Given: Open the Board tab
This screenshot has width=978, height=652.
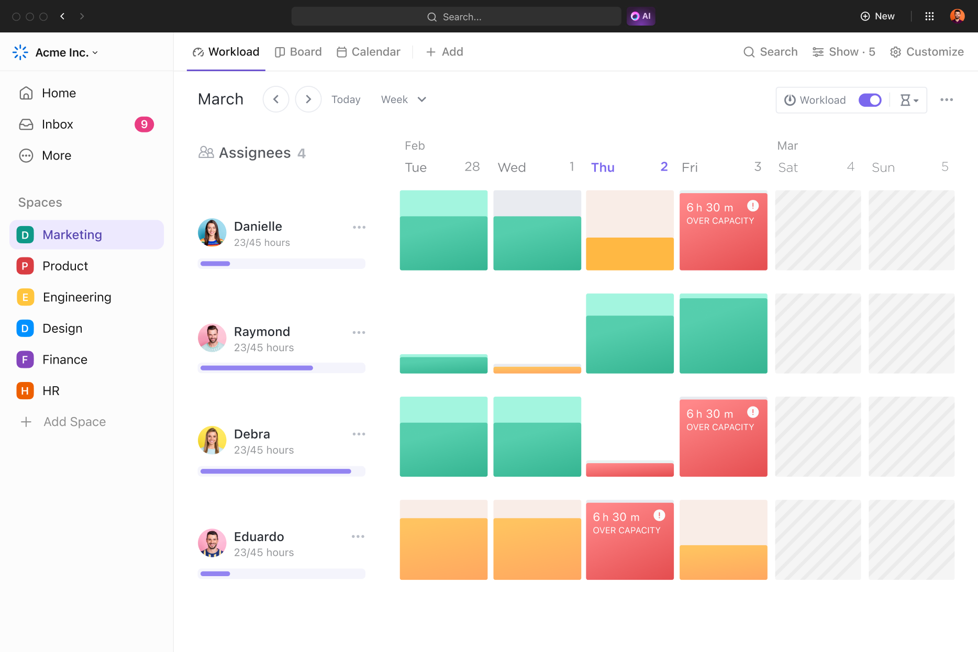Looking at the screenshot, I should point(298,52).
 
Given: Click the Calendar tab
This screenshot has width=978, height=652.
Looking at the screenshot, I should point(369,52).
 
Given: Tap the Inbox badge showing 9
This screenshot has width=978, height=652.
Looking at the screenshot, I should point(144,125).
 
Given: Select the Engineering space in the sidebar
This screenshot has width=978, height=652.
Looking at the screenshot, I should point(77,297).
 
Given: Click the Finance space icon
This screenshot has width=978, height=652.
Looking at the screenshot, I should point(25,359).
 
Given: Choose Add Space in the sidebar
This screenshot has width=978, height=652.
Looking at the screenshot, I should point(74,422).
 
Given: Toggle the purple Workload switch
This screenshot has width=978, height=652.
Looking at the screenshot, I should point(870,100).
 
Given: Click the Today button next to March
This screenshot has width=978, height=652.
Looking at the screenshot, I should point(346,99).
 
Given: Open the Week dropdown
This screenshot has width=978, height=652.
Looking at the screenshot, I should point(403,99).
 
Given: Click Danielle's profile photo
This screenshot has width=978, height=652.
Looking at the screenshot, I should point(212,232).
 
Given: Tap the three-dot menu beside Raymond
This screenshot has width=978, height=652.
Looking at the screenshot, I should point(359,332).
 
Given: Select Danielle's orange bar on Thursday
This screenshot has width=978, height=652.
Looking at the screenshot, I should point(629,254).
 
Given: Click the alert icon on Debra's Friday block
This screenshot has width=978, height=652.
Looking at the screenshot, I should point(753,412).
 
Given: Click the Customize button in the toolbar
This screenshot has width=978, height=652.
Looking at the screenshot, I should point(927,52).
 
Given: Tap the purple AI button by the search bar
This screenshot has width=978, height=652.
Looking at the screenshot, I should point(641,16).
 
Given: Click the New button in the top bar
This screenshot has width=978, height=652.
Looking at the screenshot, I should point(877,16).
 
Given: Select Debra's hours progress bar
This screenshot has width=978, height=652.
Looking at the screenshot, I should point(281,471).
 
